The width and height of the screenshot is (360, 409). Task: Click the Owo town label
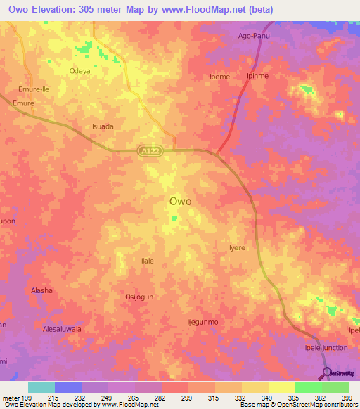[x=181, y=201]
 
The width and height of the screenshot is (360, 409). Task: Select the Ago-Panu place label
[x=255, y=35]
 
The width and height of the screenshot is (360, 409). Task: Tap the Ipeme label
[x=220, y=77]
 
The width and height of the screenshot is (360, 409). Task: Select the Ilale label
[x=148, y=261]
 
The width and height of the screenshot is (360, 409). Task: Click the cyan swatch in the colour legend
[x=41, y=387]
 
